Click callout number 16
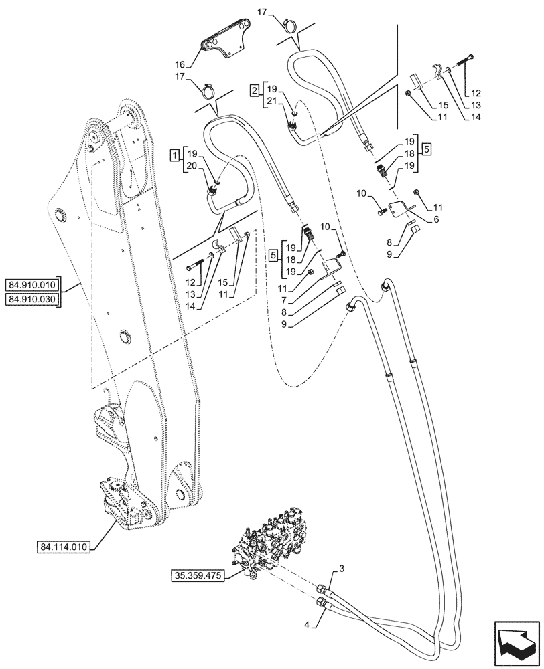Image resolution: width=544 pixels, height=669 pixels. tap(180, 65)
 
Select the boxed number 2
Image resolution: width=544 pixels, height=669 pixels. tap(254, 90)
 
